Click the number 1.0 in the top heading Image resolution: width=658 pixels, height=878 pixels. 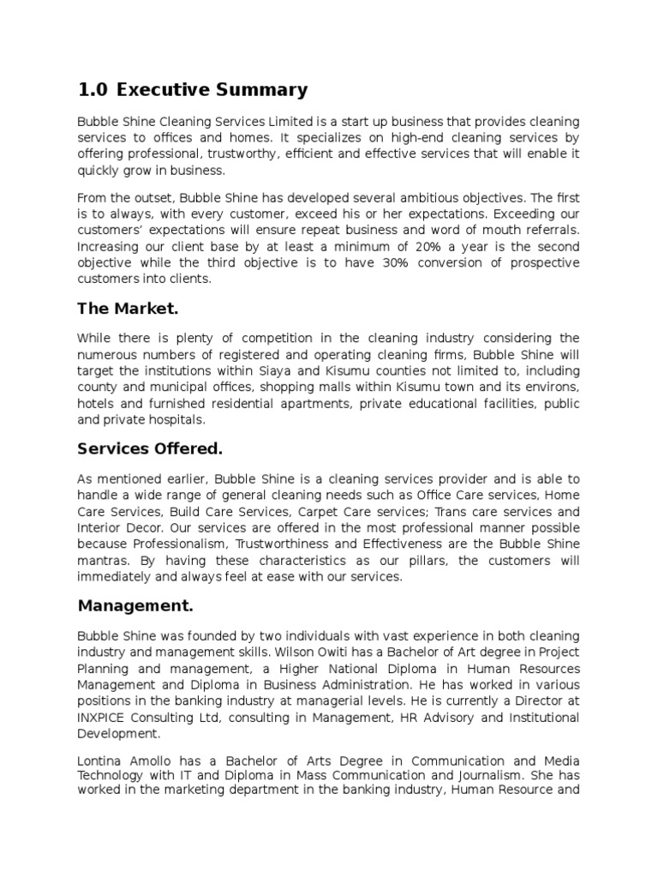pos(93,89)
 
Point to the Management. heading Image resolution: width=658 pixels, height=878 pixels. pos(135,605)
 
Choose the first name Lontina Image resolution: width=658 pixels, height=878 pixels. pos(100,761)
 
